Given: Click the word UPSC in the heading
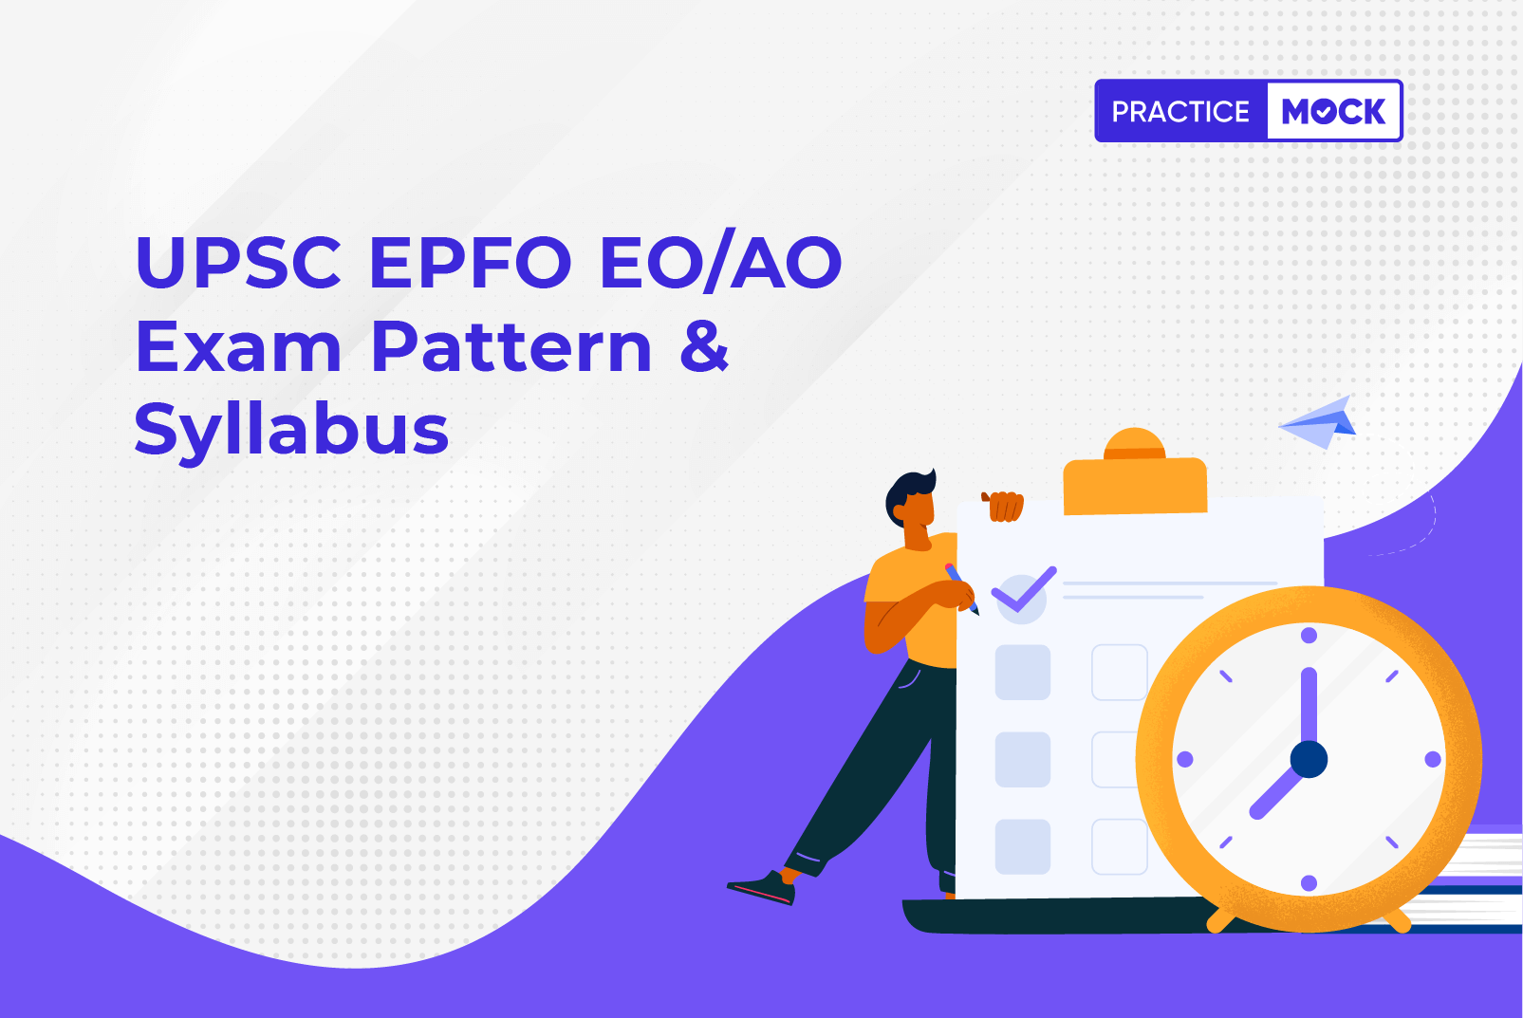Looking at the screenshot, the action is (238, 262).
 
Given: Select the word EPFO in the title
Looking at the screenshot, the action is (471, 262).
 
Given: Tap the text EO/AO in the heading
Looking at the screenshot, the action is (721, 263).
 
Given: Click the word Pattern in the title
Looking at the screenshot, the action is (511, 346).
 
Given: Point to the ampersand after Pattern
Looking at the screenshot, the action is (705, 346).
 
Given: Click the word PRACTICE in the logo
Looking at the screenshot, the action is (1180, 111).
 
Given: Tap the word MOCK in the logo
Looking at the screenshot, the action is (1332, 111).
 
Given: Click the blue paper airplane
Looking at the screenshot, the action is (1318, 422).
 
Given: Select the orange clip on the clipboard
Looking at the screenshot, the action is (1135, 473).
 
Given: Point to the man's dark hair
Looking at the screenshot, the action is (909, 492).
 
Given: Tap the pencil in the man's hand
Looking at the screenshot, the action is (961, 588).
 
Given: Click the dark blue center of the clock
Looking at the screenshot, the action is (1309, 759).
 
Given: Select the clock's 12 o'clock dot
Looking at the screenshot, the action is (1309, 636).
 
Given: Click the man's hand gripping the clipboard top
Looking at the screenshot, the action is (1004, 506).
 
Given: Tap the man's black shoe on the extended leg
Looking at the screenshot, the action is (761, 887).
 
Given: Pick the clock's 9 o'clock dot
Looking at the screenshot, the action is (1185, 759).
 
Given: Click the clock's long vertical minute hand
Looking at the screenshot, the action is (1309, 707).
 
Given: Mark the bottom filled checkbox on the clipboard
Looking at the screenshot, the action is (1023, 846).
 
